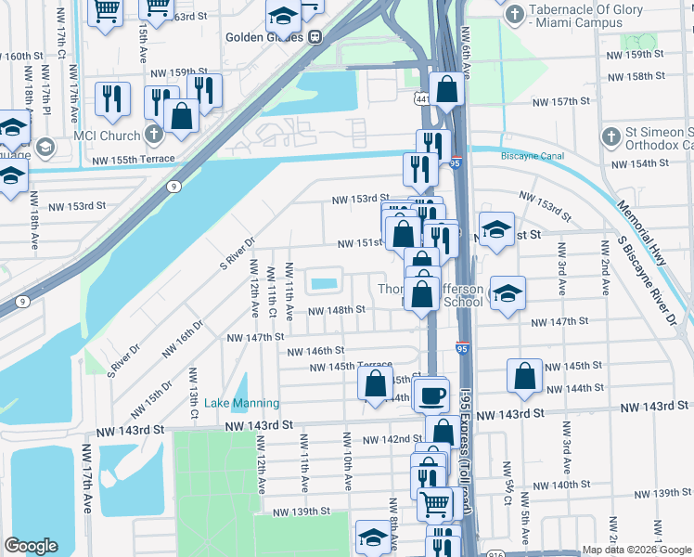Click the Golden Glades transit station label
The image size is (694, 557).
pos(264,38)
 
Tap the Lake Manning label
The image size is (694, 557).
pos(241,403)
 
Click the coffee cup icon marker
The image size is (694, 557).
pos(431,395)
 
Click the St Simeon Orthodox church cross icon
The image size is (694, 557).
pos(610,136)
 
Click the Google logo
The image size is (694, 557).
pos(31,546)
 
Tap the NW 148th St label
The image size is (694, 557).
pos(331,311)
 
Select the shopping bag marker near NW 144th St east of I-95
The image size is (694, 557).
pos(524,375)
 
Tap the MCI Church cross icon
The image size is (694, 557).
pos(154,135)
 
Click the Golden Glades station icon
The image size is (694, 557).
pos(315,38)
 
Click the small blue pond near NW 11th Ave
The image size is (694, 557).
pos(323,284)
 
